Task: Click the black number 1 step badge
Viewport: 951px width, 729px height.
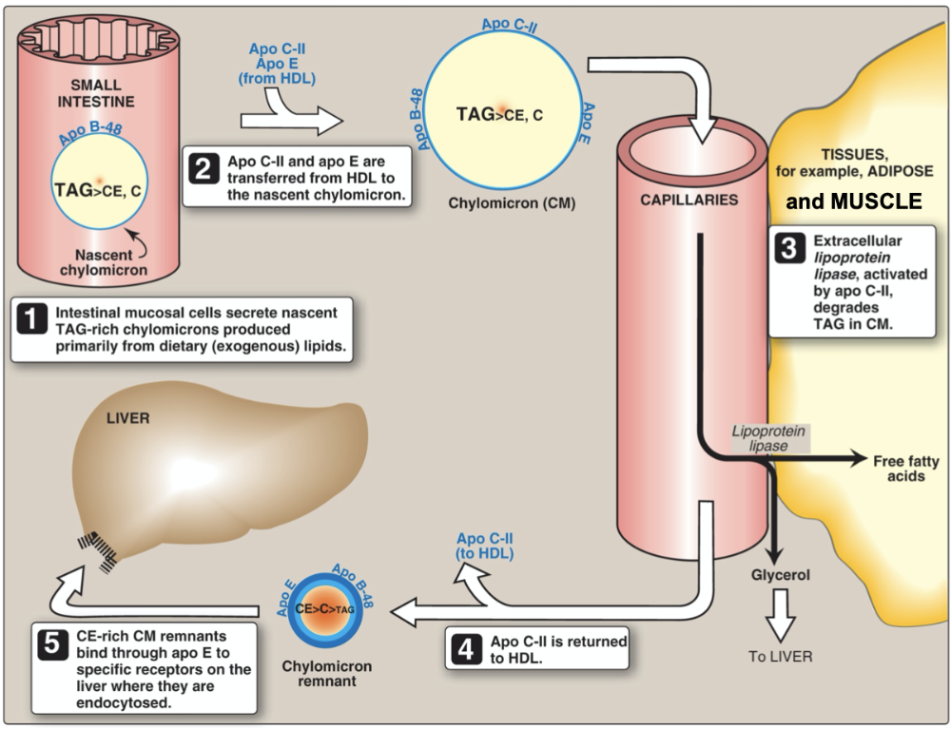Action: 33,320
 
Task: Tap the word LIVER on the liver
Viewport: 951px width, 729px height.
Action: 129,417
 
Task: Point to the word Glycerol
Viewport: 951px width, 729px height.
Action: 779,574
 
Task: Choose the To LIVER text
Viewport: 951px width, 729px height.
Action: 779,656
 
